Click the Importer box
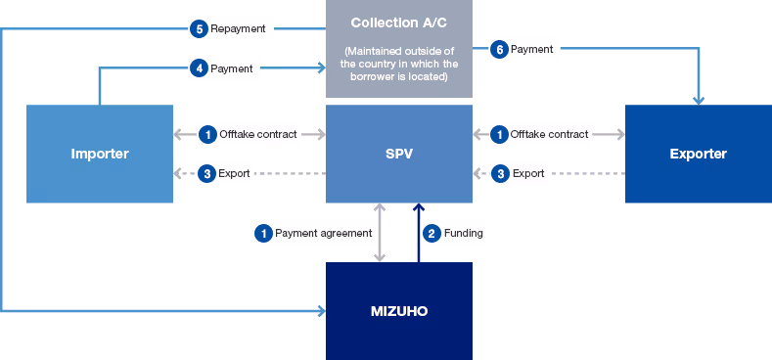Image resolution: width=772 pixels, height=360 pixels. (99, 154)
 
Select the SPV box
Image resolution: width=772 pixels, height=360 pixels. (398, 154)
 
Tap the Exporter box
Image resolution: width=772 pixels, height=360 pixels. (698, 154)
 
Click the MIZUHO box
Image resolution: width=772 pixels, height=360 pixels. (398, 311)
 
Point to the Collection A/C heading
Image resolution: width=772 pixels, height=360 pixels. (398, 22)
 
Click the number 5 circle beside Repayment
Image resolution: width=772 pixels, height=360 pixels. (199, 28)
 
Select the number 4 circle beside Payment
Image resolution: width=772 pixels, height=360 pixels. (199, 68)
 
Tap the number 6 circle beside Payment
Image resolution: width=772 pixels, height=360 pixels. (498, 48)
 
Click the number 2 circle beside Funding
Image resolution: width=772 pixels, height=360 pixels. (431, 233)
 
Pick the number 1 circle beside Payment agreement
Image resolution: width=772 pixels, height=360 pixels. (262, 233)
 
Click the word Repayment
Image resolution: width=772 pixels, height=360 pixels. (238, 28)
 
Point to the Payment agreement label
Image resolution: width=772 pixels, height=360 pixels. (323, 233)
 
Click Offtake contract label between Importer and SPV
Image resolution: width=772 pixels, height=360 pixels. (258, 134)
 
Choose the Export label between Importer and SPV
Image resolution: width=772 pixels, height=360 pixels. (235, 173)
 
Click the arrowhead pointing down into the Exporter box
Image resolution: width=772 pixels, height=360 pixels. (699, 99)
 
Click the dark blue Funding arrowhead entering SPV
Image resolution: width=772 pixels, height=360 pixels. (418, 208)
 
